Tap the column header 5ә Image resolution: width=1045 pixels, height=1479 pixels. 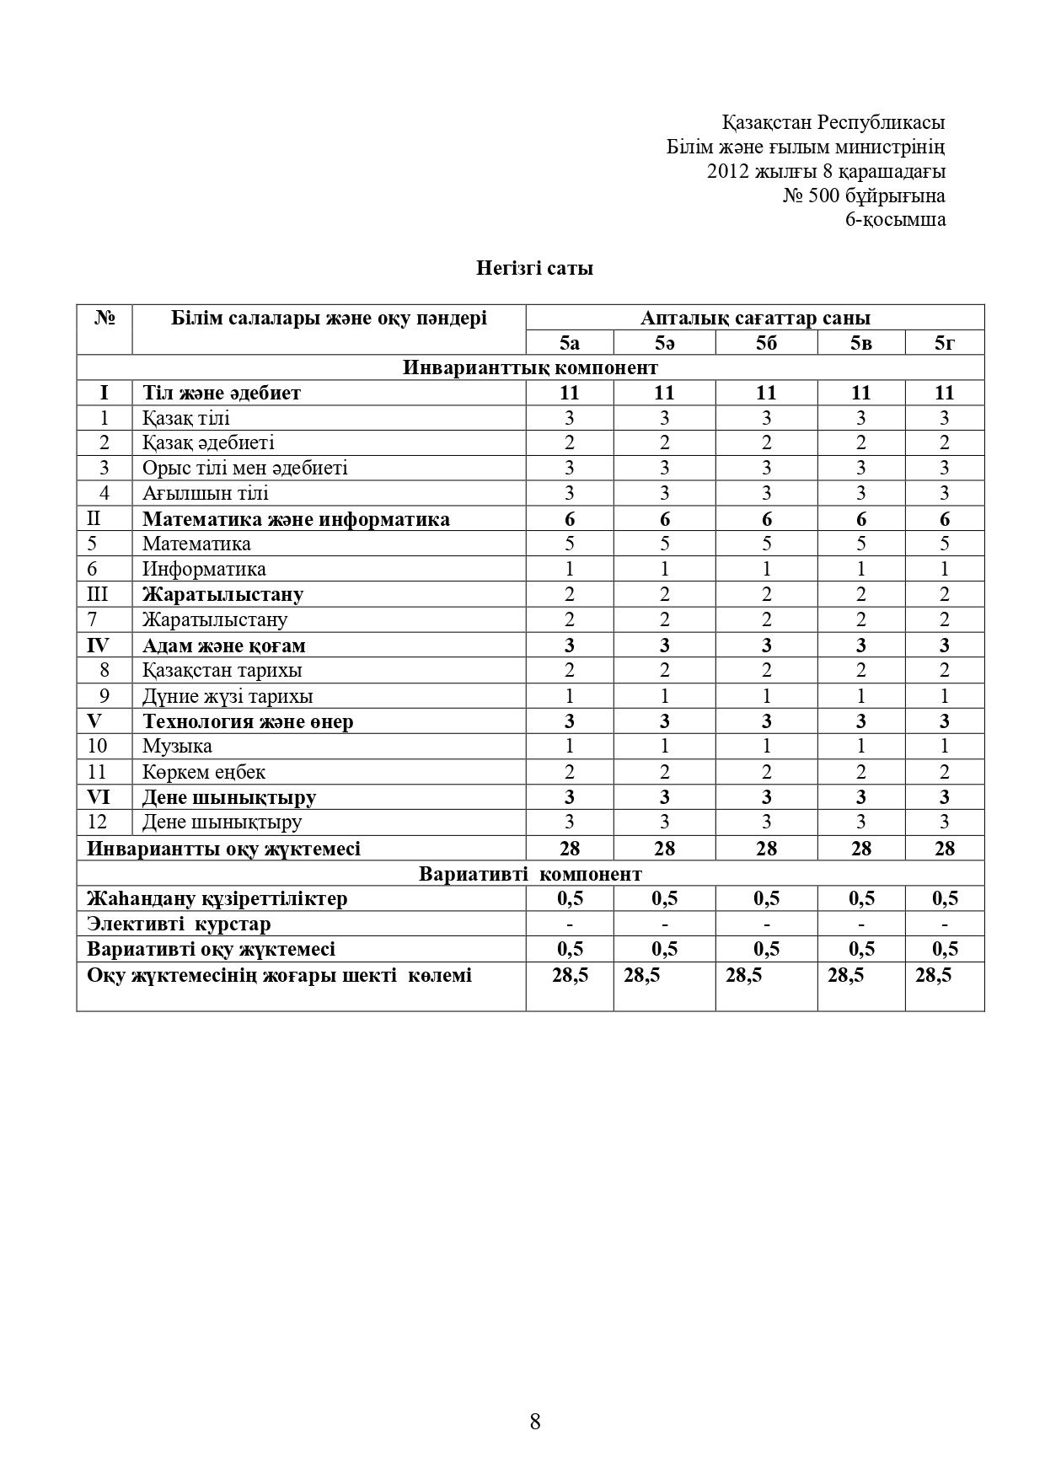(x=664, y=343)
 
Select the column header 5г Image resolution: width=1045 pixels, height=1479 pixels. (x=944, y=343)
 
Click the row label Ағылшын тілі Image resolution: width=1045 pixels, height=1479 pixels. (x=206, y=493)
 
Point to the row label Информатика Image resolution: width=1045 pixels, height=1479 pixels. (x=204, y=569)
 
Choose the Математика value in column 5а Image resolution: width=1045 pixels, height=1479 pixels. (x=570, y=544)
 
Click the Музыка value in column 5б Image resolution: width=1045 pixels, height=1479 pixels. (x=766, y=746)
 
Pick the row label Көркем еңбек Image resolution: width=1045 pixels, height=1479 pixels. (x=204, y=772)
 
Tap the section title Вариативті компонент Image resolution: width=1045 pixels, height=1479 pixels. (x=530, y=873)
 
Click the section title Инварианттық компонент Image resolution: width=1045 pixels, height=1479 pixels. (x=530, y=367)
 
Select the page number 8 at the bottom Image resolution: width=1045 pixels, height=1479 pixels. (x=535, y=1422)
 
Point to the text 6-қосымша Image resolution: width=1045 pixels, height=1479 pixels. (x=895, y=220)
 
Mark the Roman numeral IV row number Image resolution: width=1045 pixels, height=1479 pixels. (x=99, y=646)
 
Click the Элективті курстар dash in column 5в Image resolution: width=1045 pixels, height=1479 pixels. (x=860, y=924)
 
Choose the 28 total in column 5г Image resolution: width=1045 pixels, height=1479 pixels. (x=944, y=849)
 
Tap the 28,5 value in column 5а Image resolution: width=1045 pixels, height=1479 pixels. (x=570, y=976)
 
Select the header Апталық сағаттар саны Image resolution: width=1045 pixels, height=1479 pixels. (x=755, y=318)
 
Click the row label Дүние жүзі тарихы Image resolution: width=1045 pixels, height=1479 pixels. (x=228, y=696)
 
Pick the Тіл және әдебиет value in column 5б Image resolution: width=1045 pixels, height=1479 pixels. (x=766, y=393)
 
